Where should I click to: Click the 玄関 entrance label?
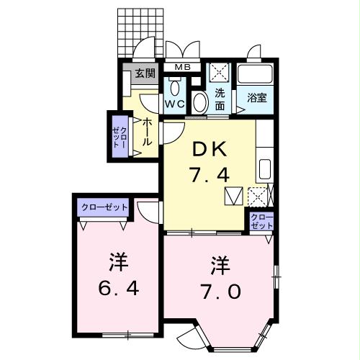145,73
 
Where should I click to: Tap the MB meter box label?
184,68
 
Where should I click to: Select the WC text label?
176,104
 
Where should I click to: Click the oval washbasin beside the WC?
200,101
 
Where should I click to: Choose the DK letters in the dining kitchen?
210,149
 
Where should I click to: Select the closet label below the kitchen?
262,221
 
